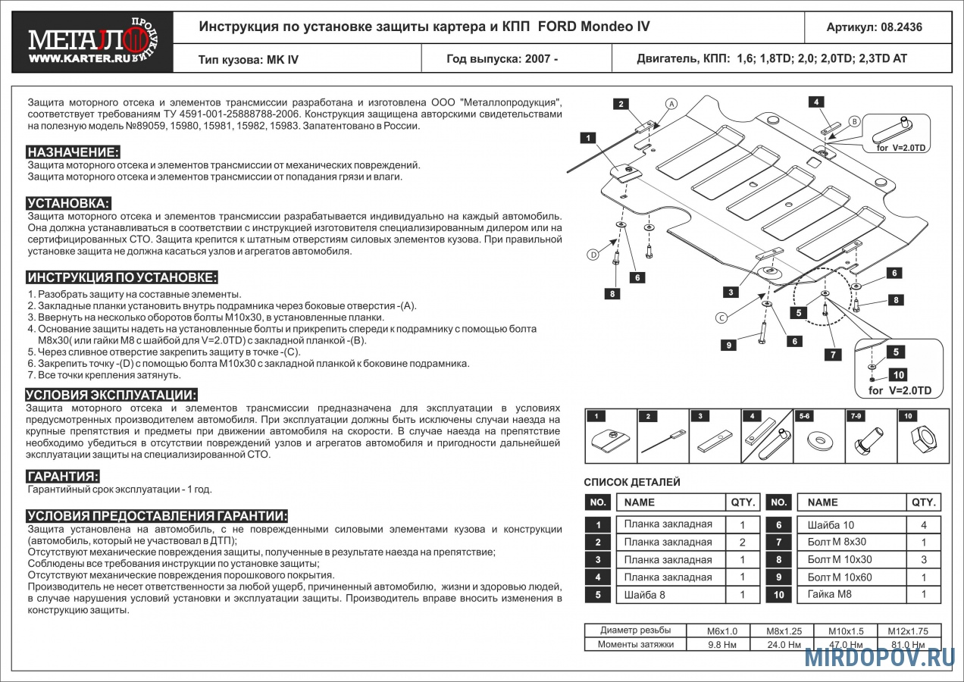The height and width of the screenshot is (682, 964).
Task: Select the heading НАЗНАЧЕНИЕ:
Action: tap(73, 152)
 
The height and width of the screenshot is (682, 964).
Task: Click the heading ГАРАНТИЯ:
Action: tap(62, 477)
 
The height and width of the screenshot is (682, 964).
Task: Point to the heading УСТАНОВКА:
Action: tap(68, 203)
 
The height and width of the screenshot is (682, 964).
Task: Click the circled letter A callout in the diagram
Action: tap(671, 103)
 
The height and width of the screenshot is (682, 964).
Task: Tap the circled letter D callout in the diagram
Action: tap(593, 255)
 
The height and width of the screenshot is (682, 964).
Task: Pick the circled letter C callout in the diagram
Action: tap(721, 317)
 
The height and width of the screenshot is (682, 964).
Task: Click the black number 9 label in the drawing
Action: tap(728, 346)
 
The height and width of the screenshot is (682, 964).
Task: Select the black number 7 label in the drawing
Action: tap(832, 354)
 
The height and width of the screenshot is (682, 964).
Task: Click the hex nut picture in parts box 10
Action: tap(922, 440)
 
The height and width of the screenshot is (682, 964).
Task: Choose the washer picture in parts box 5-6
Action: tap(818, 440)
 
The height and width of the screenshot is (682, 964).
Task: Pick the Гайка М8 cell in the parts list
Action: tap(829, 595)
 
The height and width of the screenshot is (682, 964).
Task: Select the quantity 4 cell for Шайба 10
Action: tap(923, 525)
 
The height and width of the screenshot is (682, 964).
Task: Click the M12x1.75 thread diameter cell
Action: tap(908, 630)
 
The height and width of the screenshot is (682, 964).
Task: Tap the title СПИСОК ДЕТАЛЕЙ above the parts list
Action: tap(632, 482)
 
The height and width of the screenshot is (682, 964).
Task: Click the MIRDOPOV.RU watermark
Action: tap(879, 658)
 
